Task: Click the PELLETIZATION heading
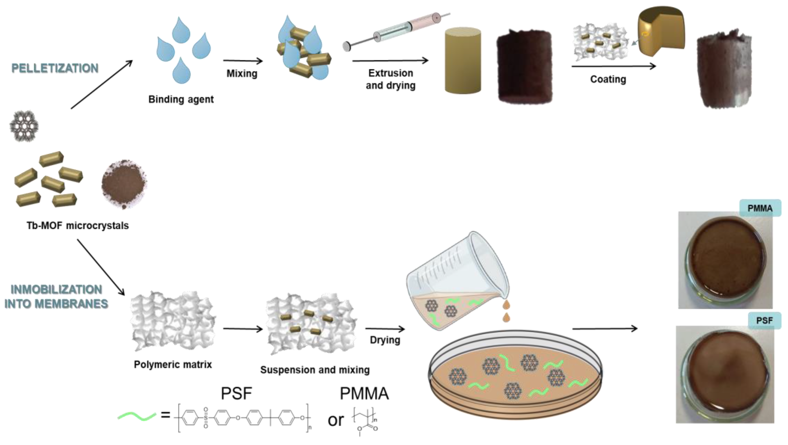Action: tap(55, 68)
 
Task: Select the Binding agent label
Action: tap(181, 99)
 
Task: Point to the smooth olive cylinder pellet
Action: tap(462, 61)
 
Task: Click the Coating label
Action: tap(608, 79)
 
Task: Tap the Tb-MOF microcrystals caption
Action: tap(78, 226)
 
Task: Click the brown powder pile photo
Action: tap(124, 184)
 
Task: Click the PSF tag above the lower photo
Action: tap(764, 321)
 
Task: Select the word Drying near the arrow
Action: tap(385, 340)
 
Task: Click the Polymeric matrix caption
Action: tap(173, 364)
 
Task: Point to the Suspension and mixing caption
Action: tap(315, 370)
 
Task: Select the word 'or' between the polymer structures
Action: tap(336, 420)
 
